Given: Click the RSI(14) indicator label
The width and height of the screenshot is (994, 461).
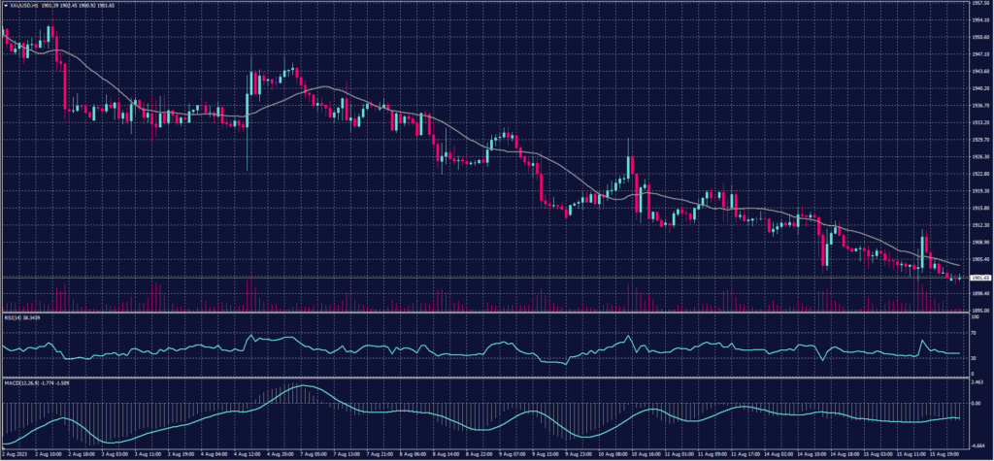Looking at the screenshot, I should click(x=17, y=316).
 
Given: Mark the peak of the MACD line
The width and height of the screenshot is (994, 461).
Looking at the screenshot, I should click(x=303, y=386).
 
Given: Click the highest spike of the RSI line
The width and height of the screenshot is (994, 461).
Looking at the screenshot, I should click(x=251, y=336).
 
